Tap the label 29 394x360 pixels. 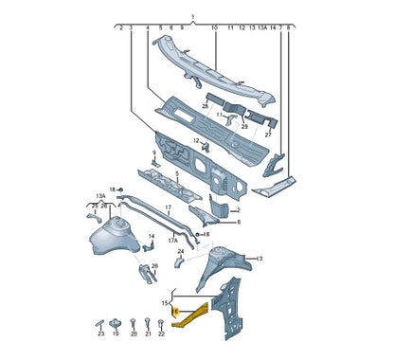pyautogui.click(x=244, y=125)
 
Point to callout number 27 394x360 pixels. pyautogui.click(x=268, y=135)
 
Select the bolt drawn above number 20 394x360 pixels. pyautogui.click(x=134, y=320)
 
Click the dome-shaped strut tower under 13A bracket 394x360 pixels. pyautogui.click(x=115, y=234)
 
